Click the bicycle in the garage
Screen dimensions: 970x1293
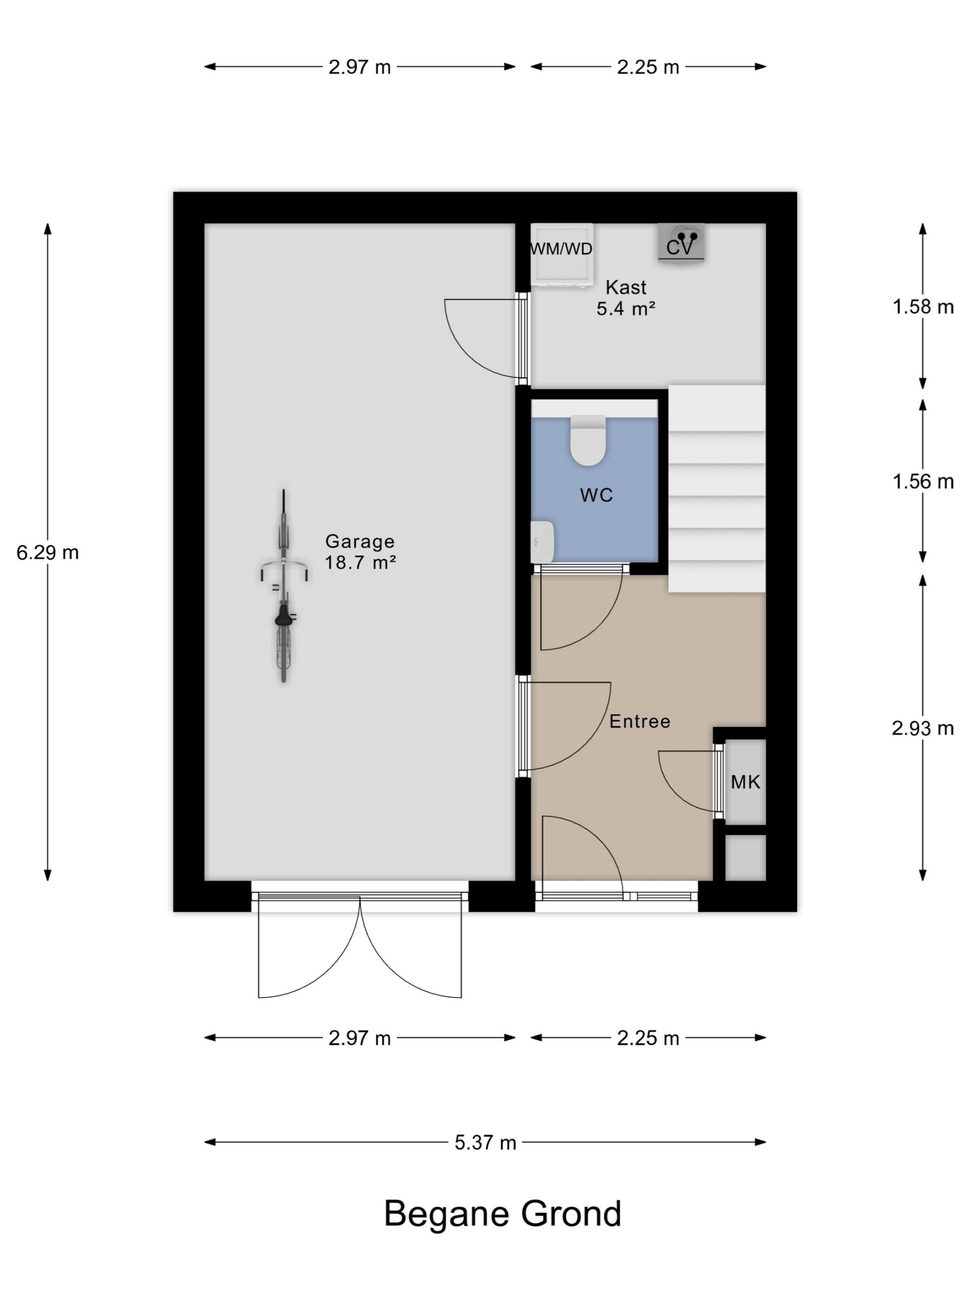coord(283,586)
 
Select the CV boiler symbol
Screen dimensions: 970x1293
coord(681,243)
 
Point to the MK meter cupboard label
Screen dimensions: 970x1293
coord(746,781)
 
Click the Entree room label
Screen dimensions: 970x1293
coord(640,721)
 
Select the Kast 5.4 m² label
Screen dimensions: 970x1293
coord(625,297)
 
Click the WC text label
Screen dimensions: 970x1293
coord(596,495)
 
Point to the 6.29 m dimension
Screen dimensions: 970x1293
coord(48,552)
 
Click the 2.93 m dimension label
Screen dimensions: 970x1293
coord(923,728)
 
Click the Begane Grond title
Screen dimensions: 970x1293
coord(502,1214)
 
